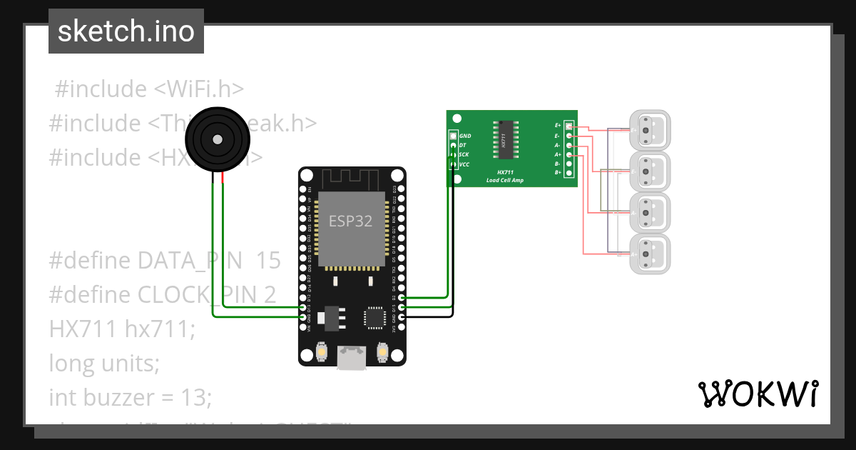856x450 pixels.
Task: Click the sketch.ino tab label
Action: [x=126, y=31]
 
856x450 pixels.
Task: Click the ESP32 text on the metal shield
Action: [x=350, y=221]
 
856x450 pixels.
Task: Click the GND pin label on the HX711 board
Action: [x=465, y=135]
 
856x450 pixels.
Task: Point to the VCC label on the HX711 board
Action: [x=464, y=164]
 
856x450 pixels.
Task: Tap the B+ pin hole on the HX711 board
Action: [x=569, y=173]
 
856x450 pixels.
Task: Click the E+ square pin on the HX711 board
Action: [x=569, y=126]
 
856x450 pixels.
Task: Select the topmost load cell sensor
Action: [x=649, y=131]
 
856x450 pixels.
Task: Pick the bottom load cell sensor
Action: [x=649, y=254]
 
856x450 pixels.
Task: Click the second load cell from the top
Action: [x=649, y=171]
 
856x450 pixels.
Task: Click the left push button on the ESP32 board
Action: [x=322, y=352]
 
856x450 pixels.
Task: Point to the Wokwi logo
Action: [x=758, y=394]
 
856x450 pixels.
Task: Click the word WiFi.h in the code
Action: [x=206, y=89]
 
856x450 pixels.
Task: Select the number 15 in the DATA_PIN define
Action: [x=268, y=261]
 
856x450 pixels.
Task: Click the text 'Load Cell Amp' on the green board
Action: [x=504, y=180]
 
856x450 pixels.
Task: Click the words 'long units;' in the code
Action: [x=104, y=364]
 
